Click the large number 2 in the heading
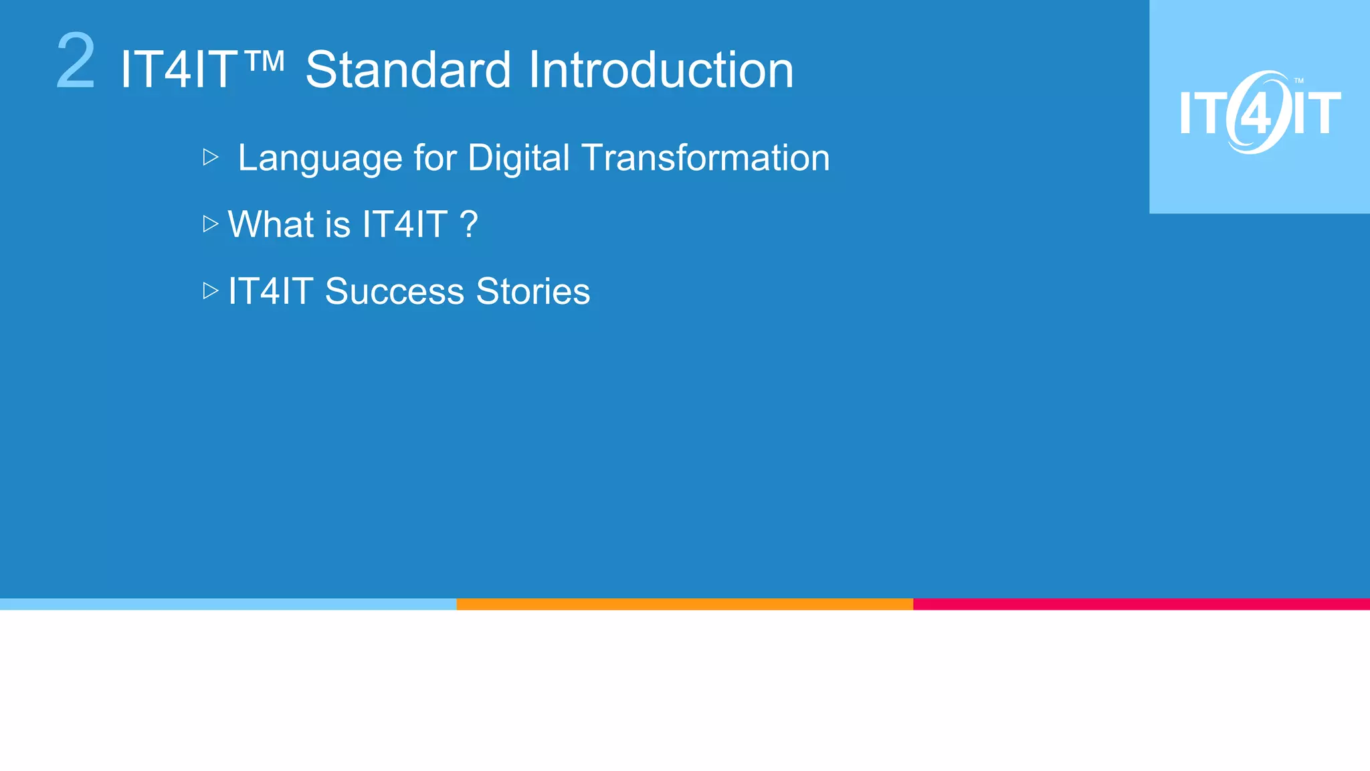click(x=76, y=62)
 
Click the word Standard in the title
click(x=408, y=70)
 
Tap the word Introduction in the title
click(x=661, y=70)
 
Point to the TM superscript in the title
click(x=265, y=62)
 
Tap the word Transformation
click(x=706, y=159)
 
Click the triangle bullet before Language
click(x=211, y=157)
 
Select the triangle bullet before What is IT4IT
click(x=211, y=224)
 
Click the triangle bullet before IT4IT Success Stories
click(x=211, y=290)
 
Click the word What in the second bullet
click(x=271, y=224)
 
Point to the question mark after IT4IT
click(x=469, y=224)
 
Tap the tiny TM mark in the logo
click(x=1298, y=81)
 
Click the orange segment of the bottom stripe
click(x=684, y=604)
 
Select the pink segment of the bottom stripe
click(x=1141, y=604)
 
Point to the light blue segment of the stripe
click(x=227, y=604)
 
